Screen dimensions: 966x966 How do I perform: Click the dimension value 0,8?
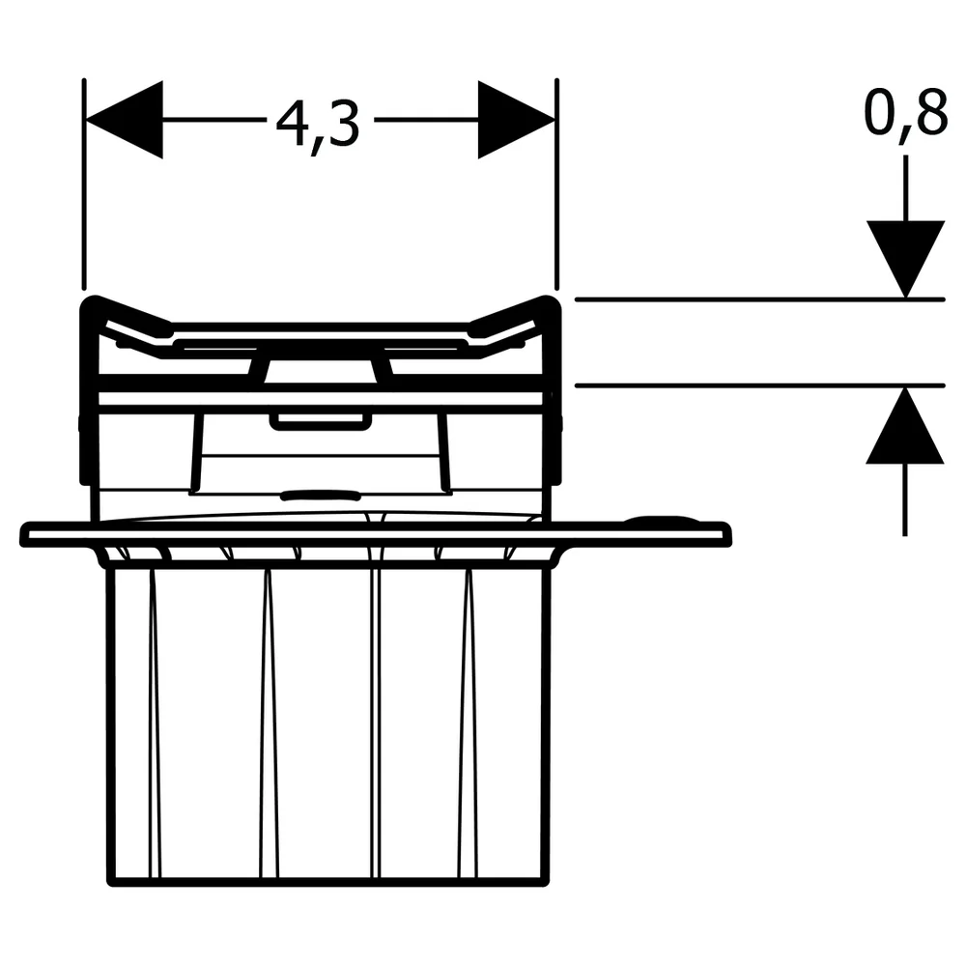point(905,114)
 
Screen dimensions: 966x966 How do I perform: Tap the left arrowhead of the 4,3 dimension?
point(124,120)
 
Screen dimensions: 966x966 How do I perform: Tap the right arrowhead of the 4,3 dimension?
point(516,120)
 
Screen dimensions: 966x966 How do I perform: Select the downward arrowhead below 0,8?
point(906,259)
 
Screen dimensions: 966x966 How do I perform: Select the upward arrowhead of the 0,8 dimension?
point(905,425)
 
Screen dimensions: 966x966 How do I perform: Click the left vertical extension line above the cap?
point(84,185)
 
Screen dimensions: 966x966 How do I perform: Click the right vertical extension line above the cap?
point(557,185)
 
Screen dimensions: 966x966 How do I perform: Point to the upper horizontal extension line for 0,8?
point(759,299)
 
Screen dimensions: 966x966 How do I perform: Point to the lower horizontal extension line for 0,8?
point(759,385)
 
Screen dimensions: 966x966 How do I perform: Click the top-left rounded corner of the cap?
point(89,303)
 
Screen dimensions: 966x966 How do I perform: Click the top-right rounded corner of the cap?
point(552,303)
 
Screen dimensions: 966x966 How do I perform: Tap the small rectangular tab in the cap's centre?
point(321,421)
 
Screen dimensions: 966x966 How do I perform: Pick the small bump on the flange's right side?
point(659,520)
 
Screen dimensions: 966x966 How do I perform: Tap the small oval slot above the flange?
point(321,495)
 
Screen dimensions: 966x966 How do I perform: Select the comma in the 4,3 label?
point(316,146)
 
